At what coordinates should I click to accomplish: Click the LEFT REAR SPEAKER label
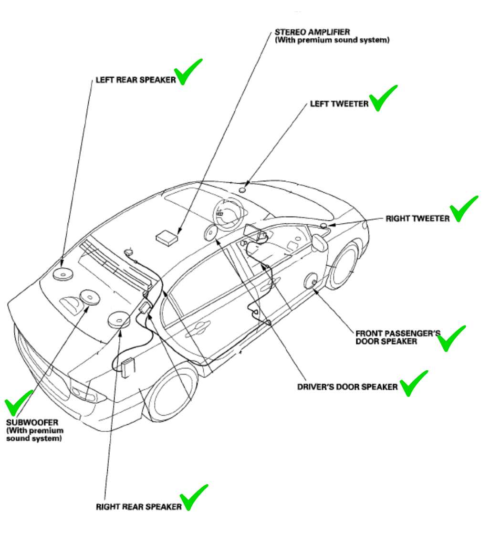point(135,80)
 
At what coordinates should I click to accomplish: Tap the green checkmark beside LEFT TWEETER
point(383,98)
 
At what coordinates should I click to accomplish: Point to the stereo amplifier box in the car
point(167,237)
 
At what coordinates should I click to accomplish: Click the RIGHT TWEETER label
point(417,219)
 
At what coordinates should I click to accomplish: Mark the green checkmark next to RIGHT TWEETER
point(464,209)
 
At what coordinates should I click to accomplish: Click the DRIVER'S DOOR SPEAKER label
point(347,386)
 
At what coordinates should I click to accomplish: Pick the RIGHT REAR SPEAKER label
point(139,507)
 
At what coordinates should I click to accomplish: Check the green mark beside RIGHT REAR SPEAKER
point(193,497)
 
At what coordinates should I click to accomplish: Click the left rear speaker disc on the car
point(62,273)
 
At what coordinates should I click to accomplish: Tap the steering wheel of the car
point(228,210)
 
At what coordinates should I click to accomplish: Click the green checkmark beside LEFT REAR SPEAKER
point(188,72)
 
